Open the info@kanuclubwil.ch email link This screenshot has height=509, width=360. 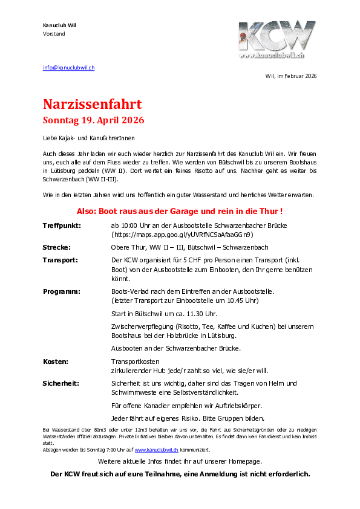tap(68, 68)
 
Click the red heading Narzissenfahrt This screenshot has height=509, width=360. tap(92, 104)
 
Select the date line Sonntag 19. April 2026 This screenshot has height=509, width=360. tap(93, 120)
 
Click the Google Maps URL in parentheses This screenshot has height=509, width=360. tap(182, 234)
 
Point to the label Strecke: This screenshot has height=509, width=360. tap(56, 247)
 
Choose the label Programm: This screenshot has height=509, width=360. tap(62, 291)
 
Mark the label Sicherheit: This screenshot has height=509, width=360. tap(61, 383)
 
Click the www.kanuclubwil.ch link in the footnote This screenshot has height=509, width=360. tap(156, 450)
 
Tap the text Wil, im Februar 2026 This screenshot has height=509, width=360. tap(291, 76)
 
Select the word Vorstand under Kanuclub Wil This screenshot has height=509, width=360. tap(54, 34)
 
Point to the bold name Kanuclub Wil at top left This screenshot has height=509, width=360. tap(59, 25)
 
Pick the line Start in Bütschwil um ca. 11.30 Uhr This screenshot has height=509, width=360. tap(163, 314)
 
